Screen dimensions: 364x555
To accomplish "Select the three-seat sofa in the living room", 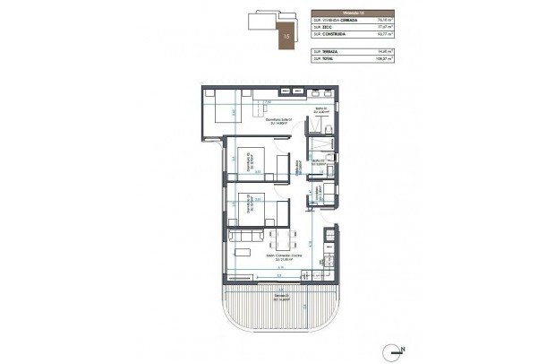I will point(246,236).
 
